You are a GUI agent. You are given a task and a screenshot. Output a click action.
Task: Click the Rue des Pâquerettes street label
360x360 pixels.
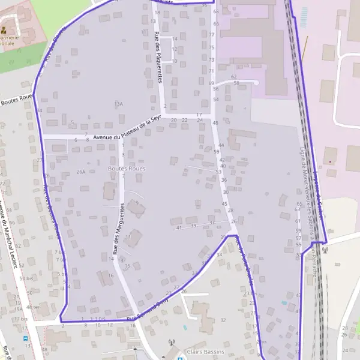(159, 50)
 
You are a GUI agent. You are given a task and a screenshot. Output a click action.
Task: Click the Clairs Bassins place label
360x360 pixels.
(205, 352)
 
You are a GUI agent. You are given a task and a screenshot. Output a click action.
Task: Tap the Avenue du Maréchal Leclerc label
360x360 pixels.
(8, 234)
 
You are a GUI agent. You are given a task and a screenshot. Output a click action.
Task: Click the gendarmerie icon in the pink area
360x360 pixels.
(5, 29)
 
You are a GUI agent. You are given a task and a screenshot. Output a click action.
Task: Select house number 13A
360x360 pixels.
(118, 104)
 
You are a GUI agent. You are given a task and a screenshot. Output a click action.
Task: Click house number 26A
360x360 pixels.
(81, 172)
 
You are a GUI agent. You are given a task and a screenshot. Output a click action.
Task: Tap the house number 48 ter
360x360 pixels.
(32, 307)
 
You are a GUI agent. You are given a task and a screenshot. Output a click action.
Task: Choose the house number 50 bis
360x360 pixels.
(26, 278)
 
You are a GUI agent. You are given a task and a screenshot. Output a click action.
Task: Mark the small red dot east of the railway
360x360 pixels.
(329, 161)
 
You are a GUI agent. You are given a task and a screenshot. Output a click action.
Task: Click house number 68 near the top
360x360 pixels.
(216, 12)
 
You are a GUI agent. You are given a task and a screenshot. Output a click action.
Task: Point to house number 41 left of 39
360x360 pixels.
(179, 227)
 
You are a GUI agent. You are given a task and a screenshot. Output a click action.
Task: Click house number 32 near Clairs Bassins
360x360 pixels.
(223, 320)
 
